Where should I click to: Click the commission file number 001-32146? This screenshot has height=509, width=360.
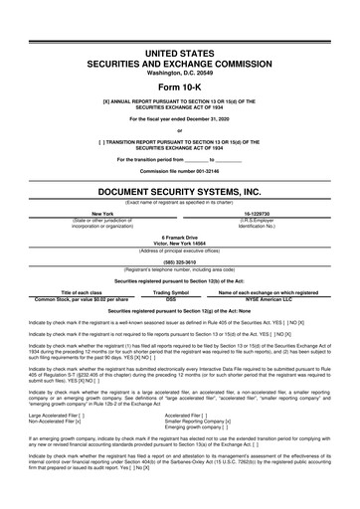coord(179,172)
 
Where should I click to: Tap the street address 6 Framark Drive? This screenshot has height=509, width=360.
coord(179,237)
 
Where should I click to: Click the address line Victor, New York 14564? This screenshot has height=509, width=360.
coord(179,243)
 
